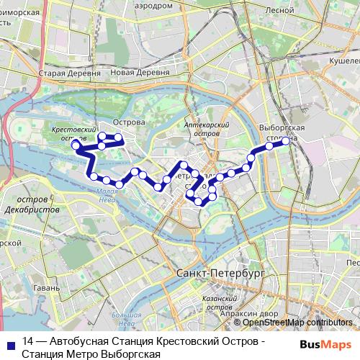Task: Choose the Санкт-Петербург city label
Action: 220,274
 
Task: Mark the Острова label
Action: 130,122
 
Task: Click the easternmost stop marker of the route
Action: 285,140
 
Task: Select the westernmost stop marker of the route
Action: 74,145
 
